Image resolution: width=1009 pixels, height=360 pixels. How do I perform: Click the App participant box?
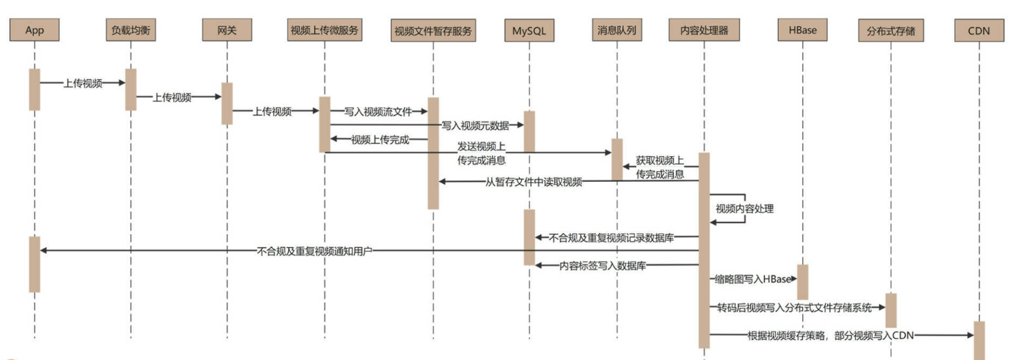click(x=35, y=30)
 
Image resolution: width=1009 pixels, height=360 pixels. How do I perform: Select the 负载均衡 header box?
click(x=130, y=30)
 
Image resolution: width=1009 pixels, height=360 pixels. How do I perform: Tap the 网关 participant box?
click(x=227, y=30)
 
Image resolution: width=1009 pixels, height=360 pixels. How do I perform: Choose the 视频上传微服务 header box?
click(x=324, y=30)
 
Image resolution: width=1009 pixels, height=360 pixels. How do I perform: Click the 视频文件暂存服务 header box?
click(x=433, y=31)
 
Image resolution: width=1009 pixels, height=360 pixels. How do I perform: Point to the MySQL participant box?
click(x=529, y=31)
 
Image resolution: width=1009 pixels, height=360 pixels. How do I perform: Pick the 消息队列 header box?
click(x=617, y=30)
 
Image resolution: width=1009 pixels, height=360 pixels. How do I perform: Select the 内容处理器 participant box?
click(x=704, y=30)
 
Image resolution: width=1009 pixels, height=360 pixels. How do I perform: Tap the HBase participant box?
click(x=802, y=30)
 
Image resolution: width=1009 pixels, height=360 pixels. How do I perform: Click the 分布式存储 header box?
click(x=891, y=30)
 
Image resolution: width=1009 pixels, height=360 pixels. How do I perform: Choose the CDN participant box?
click(x=979, y=30)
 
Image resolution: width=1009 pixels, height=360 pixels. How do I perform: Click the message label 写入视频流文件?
click(x=378, y=111)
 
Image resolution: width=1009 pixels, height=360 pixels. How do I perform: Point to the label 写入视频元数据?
click(x=475, y=125)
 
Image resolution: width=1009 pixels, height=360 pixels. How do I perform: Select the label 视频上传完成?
click(x=379, y=140)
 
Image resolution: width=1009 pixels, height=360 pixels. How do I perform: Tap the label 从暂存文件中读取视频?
click(x=534, y=182)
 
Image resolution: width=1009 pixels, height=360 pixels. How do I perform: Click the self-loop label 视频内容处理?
click(x=745, y=210)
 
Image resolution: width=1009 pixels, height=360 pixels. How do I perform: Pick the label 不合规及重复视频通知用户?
click(x=315, y=251)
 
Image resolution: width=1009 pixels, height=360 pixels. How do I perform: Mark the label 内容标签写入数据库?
click(x=603, y=265)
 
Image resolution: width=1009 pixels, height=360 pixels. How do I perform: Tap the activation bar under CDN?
click(x=979, y=340)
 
